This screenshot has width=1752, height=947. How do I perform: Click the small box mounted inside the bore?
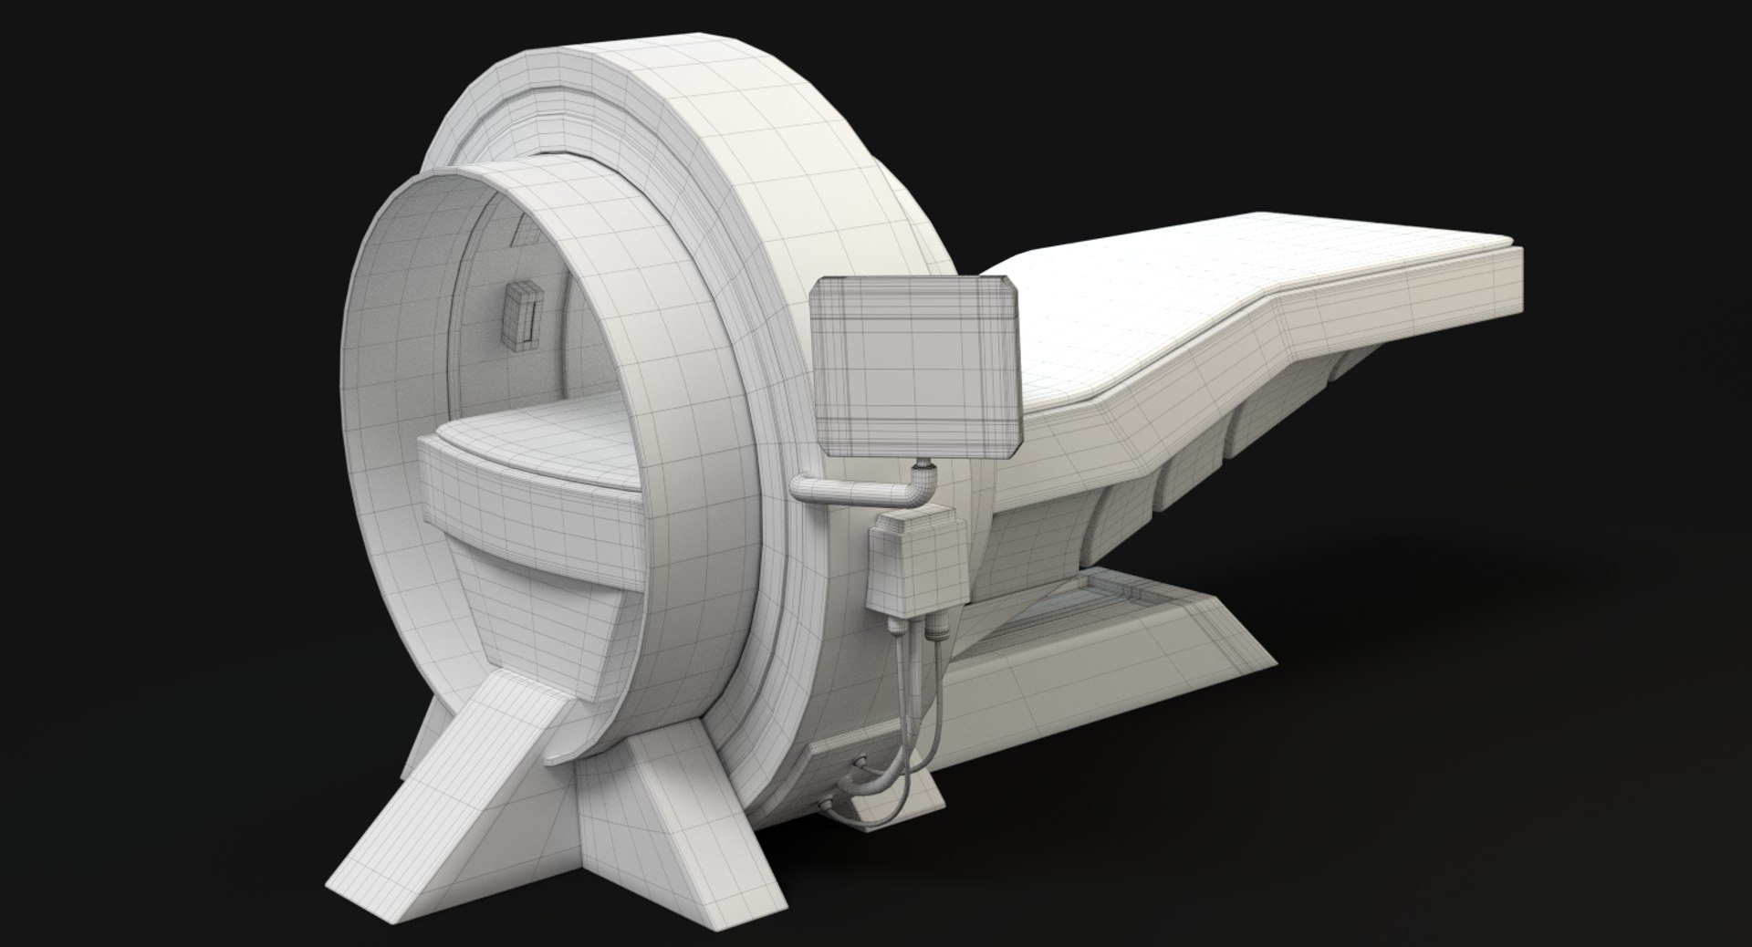[522, 316]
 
